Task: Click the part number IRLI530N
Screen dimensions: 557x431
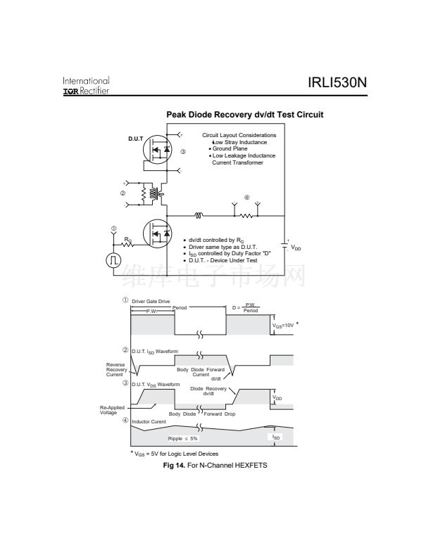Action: click(x=337, y=84)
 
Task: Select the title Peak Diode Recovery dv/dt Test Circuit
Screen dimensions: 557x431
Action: click(x=244, y=115)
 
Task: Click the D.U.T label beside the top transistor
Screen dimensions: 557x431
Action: click(x=136, y=138)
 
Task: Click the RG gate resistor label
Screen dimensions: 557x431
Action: click(x=127, y=240)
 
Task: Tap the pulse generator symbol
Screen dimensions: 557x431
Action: click(x=113, y=260)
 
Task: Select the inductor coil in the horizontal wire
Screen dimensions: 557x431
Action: click(x=199, y=215)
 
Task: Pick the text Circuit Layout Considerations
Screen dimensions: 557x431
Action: click(x=239, y=135)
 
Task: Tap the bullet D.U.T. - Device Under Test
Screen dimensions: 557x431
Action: click(x=223, y=260)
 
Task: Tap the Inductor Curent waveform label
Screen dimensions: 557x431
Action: click(x=149, y=422)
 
